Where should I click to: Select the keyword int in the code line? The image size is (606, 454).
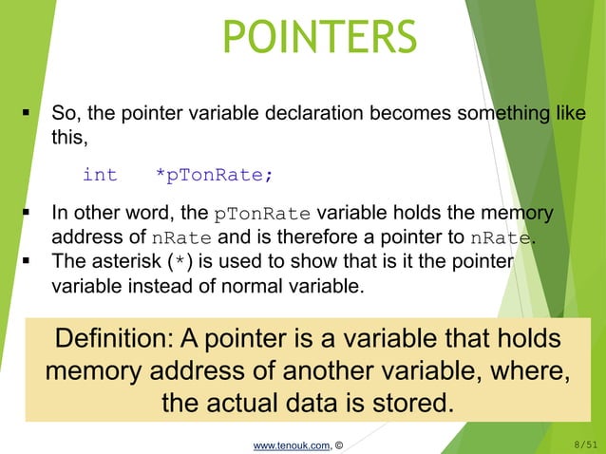click(x=100, y=175)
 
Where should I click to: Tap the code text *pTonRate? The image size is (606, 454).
click(x=215, y=175)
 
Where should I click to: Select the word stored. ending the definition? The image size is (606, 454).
click(x=402, y=403)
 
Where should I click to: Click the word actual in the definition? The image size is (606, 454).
click(x=268, y=403)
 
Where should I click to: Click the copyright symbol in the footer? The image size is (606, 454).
click(x=339, y=442)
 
